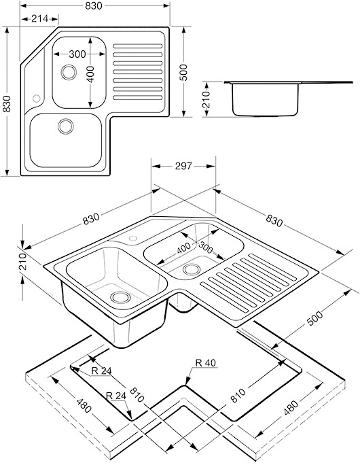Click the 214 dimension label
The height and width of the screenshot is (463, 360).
(39, 18)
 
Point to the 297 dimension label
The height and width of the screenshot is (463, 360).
(183, 166)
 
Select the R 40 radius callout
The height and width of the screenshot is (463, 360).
(206, 362)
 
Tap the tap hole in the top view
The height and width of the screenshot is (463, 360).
(37, 98)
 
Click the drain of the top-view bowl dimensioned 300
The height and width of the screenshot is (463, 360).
(69, 72)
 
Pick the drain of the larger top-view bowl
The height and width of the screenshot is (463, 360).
(65, 126)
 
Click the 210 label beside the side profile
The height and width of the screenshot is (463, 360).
(206, 99)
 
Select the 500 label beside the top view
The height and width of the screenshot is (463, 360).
(184, 72)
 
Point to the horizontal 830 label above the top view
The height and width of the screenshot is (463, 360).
(94, 5)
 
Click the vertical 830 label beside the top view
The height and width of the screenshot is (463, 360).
(6, 103)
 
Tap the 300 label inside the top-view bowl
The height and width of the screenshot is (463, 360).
(77, 54)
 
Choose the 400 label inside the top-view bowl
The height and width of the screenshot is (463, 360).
(90, 74)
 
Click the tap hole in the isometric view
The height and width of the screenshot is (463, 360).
(133, 238)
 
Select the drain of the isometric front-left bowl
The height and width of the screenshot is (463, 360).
(120, 297)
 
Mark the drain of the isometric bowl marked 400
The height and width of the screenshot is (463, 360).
(192, 269)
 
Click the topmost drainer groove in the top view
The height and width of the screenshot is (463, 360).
(138, 46)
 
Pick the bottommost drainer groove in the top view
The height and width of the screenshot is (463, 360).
(138, 98)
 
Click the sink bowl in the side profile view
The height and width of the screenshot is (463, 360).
(265, 99)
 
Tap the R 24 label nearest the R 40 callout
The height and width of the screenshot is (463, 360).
(116, 396)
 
